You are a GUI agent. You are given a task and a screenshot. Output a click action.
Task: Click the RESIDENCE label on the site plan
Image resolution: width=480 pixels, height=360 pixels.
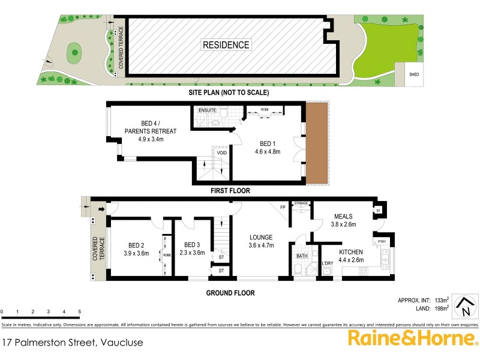click(x=226, y=45)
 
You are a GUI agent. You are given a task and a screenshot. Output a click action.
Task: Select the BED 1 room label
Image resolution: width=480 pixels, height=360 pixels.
click(x=269, y=143)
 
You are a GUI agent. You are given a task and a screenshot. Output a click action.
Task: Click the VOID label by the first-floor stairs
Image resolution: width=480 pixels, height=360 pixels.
click(x=221, y=153)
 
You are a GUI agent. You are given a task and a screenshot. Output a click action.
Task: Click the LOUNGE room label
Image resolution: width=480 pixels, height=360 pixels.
click(x=262, y=237)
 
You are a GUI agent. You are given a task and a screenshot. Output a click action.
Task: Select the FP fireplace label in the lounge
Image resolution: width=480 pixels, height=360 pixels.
click(x=282, y=208)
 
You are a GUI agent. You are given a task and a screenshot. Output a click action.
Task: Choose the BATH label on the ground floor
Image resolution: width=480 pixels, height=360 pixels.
click(x=302, y=256)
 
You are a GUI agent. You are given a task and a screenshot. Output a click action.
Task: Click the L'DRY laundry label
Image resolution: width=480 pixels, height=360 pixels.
click(x=328, y=264)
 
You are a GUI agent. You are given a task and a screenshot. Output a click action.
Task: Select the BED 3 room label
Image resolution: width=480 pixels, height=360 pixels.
click(x=192, y=245)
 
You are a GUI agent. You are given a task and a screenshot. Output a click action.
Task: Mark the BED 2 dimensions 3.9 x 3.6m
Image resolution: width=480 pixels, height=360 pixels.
click(x=137, y=253)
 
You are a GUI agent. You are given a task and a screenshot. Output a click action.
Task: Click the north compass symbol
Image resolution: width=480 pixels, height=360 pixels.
click(x=464, y=307)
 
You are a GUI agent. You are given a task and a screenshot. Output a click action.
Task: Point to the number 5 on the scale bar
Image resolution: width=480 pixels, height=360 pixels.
click(x=80, y=312)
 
